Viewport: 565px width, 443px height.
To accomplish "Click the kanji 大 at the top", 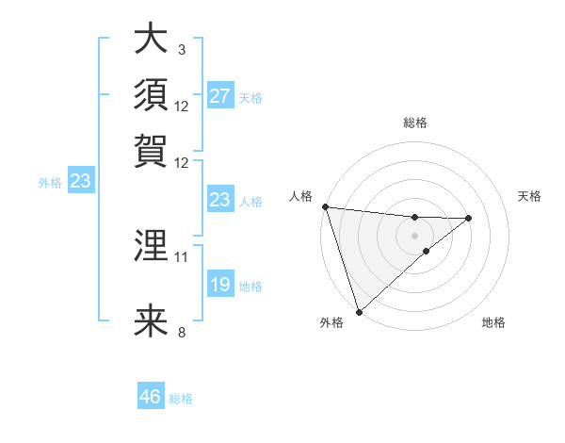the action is [151, 41].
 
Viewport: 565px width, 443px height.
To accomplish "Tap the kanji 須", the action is [151, 95].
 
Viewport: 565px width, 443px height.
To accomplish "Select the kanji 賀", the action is [151, 150].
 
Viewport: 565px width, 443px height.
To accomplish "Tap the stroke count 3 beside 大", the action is [181, 49].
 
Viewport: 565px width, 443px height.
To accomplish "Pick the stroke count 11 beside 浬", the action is [182, 256].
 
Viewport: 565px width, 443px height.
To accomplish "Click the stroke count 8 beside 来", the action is [181, 332].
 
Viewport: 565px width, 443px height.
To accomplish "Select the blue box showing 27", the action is [219, 96].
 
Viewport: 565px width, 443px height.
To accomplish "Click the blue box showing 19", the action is [219, 285].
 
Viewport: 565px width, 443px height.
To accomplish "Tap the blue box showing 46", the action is [150, 397].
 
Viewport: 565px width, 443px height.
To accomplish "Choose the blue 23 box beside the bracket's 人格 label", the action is [219, 200].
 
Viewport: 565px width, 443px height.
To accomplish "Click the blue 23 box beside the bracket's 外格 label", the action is [80, 182].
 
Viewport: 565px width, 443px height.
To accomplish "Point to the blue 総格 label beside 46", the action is [181, 399].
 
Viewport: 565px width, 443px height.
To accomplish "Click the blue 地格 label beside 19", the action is [250, 287].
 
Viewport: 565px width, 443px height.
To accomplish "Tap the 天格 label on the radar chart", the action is [530, 196].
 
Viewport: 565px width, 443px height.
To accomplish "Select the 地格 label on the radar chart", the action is [493, 322].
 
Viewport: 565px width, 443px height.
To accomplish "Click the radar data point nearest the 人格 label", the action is [325, 206].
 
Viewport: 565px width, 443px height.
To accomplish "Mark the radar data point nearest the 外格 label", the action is [359, 311].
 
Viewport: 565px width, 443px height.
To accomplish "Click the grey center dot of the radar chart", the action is [414, 236].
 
